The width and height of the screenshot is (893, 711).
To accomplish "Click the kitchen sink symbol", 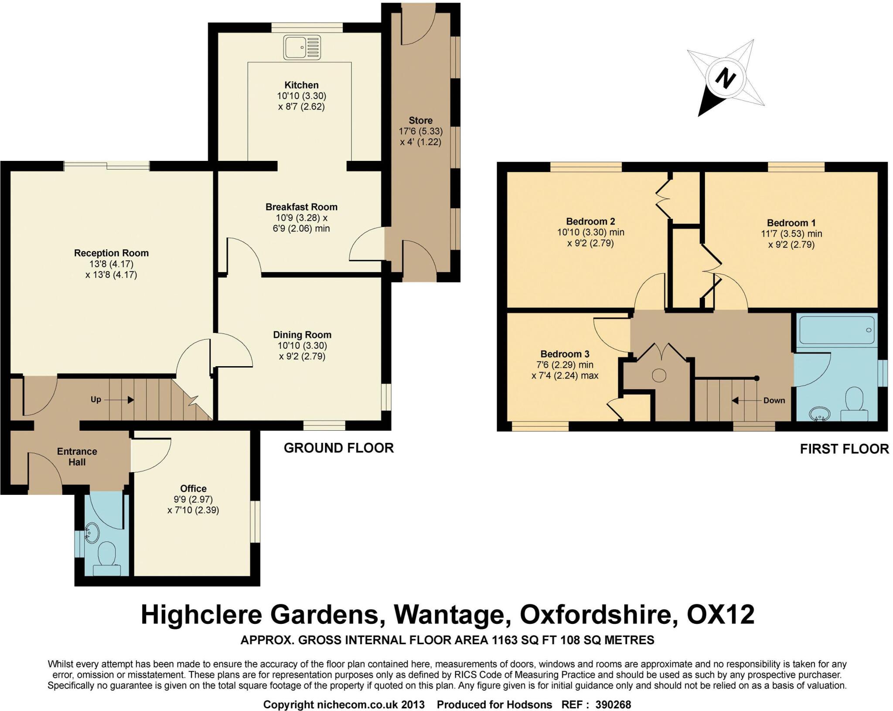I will (x=302, y=48).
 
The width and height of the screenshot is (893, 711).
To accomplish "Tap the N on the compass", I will (x=725, y=79).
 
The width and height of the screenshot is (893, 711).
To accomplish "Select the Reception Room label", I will (x=111, y=253).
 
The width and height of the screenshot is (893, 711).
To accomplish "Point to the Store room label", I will (x=420, y=120).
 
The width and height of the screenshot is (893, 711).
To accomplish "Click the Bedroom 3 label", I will (x=565, y=354).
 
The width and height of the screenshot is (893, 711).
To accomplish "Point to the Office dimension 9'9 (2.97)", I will (x=193, y=499).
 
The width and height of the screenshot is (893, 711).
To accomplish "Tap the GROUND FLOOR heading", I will (x=338, y=448).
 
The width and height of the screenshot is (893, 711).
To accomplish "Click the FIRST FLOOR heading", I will (x=844, y=449).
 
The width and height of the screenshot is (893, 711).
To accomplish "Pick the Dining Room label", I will (x=302, y=335).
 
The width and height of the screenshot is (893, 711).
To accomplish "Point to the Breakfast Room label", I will (x=301, y=207).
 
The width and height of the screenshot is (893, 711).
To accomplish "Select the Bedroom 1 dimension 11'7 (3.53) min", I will (x=791, y=234).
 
